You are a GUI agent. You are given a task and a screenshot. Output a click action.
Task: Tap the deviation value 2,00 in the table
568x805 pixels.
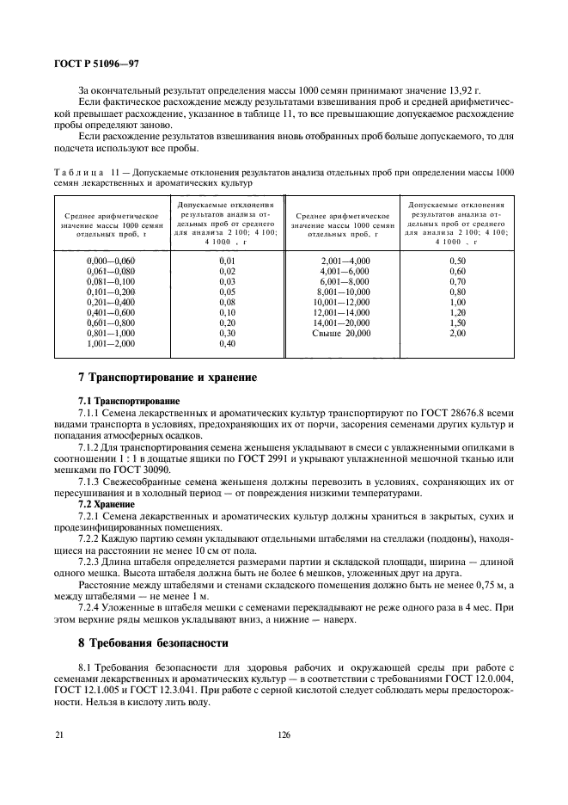457,332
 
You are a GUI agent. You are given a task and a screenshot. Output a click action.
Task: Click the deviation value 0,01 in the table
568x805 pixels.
227,260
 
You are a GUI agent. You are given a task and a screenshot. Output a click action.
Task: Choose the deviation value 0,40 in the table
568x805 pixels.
227,343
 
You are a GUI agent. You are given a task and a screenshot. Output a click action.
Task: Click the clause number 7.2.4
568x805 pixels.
91,605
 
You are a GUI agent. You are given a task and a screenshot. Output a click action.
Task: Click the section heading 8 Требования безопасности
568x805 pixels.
151,642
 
